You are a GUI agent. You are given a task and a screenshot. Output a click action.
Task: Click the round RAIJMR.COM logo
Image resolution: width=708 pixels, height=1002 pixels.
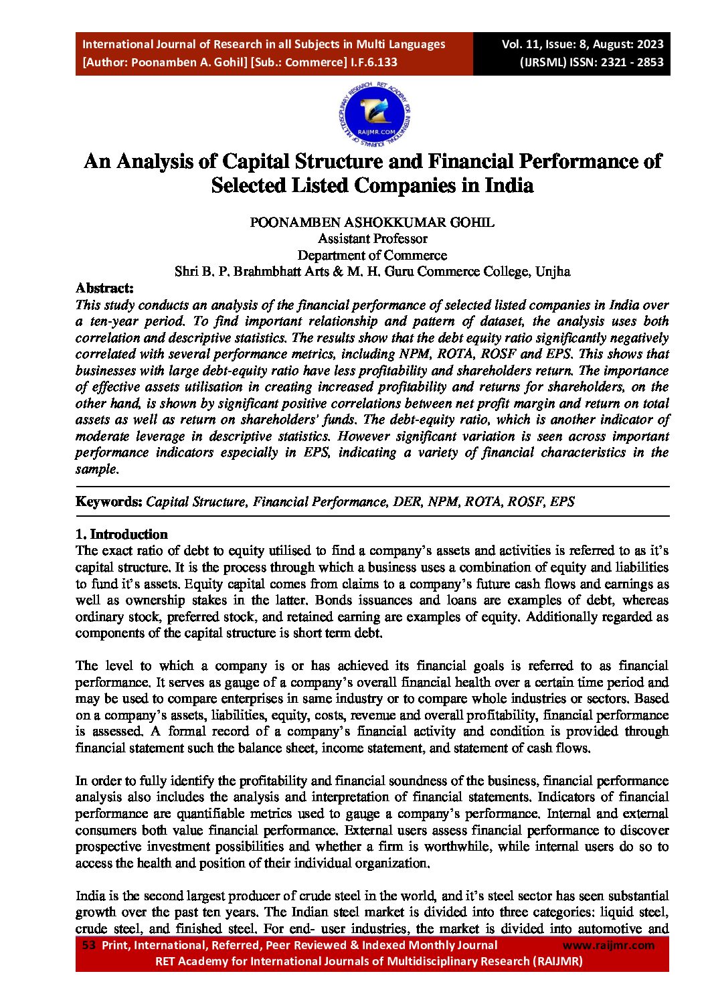[x=374, y=114]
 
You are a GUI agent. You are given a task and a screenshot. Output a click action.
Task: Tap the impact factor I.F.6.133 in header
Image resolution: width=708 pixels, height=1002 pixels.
[x=372, y=62]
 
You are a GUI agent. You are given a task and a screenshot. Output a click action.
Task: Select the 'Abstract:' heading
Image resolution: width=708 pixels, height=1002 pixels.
[x=104, y=288]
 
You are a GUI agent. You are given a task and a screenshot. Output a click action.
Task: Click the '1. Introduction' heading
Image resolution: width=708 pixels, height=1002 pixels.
[x=121, y=534]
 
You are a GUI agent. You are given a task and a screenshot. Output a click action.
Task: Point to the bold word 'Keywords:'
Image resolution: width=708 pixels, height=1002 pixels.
[x=108, y=502]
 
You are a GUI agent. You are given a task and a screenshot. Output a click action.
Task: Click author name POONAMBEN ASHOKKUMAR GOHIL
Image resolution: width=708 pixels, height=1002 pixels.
[x=372, y=222]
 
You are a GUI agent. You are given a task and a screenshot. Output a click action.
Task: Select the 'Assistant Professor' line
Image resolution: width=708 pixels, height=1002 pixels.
[x=372, y=239]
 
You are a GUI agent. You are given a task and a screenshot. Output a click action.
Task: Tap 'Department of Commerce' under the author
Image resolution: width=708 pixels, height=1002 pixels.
[x=372, y=255]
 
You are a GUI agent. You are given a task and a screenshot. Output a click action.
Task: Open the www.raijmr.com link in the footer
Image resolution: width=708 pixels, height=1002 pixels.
[x=608, y=945]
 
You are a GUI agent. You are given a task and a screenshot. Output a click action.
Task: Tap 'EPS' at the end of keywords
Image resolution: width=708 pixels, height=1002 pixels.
[x=562, y=502]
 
